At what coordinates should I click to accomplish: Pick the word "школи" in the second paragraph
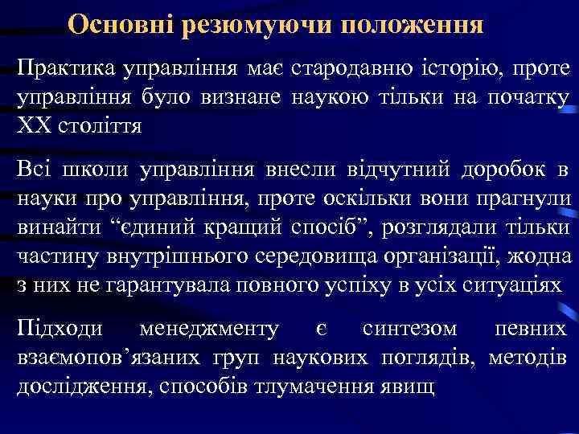pyautogui.click(x=90, y=169)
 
